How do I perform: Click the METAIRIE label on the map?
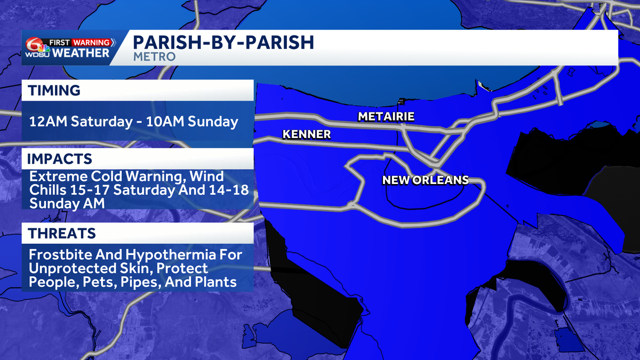(x=386, y=116)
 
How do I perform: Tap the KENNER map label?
(x=306, y=134)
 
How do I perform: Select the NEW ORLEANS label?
(x=425, y=180)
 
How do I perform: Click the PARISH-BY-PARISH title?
(x=223, y=43)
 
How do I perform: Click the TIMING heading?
(x=54, y=91)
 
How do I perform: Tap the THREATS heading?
(x=62, y=233)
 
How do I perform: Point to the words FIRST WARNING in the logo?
(x=79, y=42)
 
